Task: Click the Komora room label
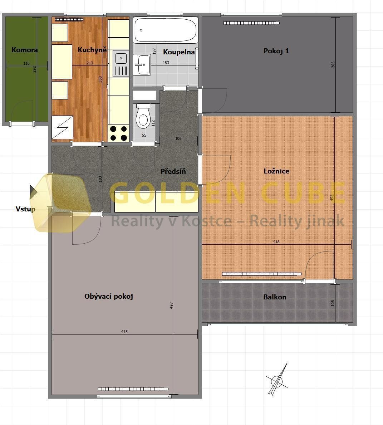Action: point(24,50)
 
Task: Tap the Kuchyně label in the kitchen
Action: point(92,50)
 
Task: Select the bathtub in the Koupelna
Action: point(166,30)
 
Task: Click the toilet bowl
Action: point(143,117)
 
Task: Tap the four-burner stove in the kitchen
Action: point(118,133)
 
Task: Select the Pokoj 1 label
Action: point(276,51)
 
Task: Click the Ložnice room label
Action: point(276,171)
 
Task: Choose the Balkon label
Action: point(275,297)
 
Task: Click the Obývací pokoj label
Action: point(109,296)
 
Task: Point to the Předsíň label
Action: point(173,171)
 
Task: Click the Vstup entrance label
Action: point(25,209)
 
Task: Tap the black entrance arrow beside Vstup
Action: point(33,192)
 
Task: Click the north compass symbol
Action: point(277,381)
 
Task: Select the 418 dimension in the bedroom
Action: point(276,242)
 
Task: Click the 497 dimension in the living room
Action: point(171,306)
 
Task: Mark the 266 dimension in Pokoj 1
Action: point(333,65)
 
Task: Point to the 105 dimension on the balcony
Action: point(333,303)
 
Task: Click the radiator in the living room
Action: point(133,389)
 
